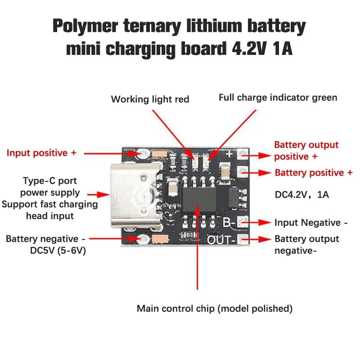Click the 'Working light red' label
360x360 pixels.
click(150, 99)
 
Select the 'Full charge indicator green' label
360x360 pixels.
click(278, 98)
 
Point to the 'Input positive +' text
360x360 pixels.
click(41, 153)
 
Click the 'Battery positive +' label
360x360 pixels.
click(314, 173)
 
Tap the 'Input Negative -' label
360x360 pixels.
click(311, 223)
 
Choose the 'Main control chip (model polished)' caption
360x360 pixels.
click(215, 309)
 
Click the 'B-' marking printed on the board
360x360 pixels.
click(229, 222)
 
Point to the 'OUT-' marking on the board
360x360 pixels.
click(221, 239)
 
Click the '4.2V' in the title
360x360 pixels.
click(247, 49)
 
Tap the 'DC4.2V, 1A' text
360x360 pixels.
click(302, 195)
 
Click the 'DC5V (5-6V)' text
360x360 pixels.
click(58, 251)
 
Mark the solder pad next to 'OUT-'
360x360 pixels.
click(243, 238)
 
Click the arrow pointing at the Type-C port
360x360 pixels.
click(99, 195)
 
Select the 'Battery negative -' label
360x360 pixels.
click(45, 239)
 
